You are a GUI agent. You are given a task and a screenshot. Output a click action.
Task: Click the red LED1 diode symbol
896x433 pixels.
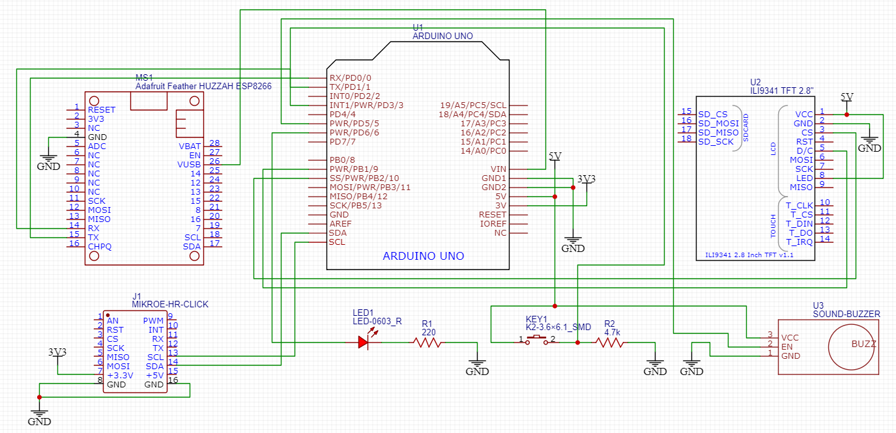tap(364, 341)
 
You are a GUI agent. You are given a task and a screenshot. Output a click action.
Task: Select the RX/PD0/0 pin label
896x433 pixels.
tap(350, 77)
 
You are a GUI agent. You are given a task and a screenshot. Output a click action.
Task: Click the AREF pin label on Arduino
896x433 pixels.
tap(340, 223)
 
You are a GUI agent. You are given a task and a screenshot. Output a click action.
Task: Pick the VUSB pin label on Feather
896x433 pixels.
tap(189, 165)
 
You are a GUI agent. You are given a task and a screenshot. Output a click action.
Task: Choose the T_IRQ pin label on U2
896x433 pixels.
tap(801, 242)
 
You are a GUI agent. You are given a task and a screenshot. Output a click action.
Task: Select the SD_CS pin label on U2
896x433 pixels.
tap(712, 115)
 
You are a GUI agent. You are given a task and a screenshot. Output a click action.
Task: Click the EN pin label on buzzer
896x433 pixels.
tap(787, 346)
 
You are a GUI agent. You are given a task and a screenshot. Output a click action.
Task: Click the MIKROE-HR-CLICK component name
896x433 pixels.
tap(170, 304)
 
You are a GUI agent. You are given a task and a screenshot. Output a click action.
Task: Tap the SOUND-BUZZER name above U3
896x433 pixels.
tap(846, 314)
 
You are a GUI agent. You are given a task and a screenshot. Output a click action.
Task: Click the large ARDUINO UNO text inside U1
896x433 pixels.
tap(423, 256)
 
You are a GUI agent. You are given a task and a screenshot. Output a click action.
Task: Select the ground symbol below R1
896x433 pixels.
tap(477, 369)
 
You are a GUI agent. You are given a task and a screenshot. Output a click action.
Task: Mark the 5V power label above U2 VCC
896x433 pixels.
tap(846, 96)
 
